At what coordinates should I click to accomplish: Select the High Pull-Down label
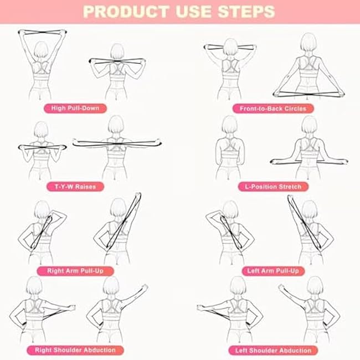[75, 108]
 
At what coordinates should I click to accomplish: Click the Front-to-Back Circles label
[272, 109]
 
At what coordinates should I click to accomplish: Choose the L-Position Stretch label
[272, 187]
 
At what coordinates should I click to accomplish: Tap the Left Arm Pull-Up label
[273, 271]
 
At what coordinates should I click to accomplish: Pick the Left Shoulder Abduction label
[272, 350]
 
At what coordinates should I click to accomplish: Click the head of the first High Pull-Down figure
[40, 52]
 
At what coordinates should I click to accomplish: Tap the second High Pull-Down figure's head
[117, 52]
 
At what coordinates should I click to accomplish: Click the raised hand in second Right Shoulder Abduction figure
[145, 287]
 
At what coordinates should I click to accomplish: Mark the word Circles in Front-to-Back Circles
[294, 109]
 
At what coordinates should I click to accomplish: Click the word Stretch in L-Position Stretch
[290, 187]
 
